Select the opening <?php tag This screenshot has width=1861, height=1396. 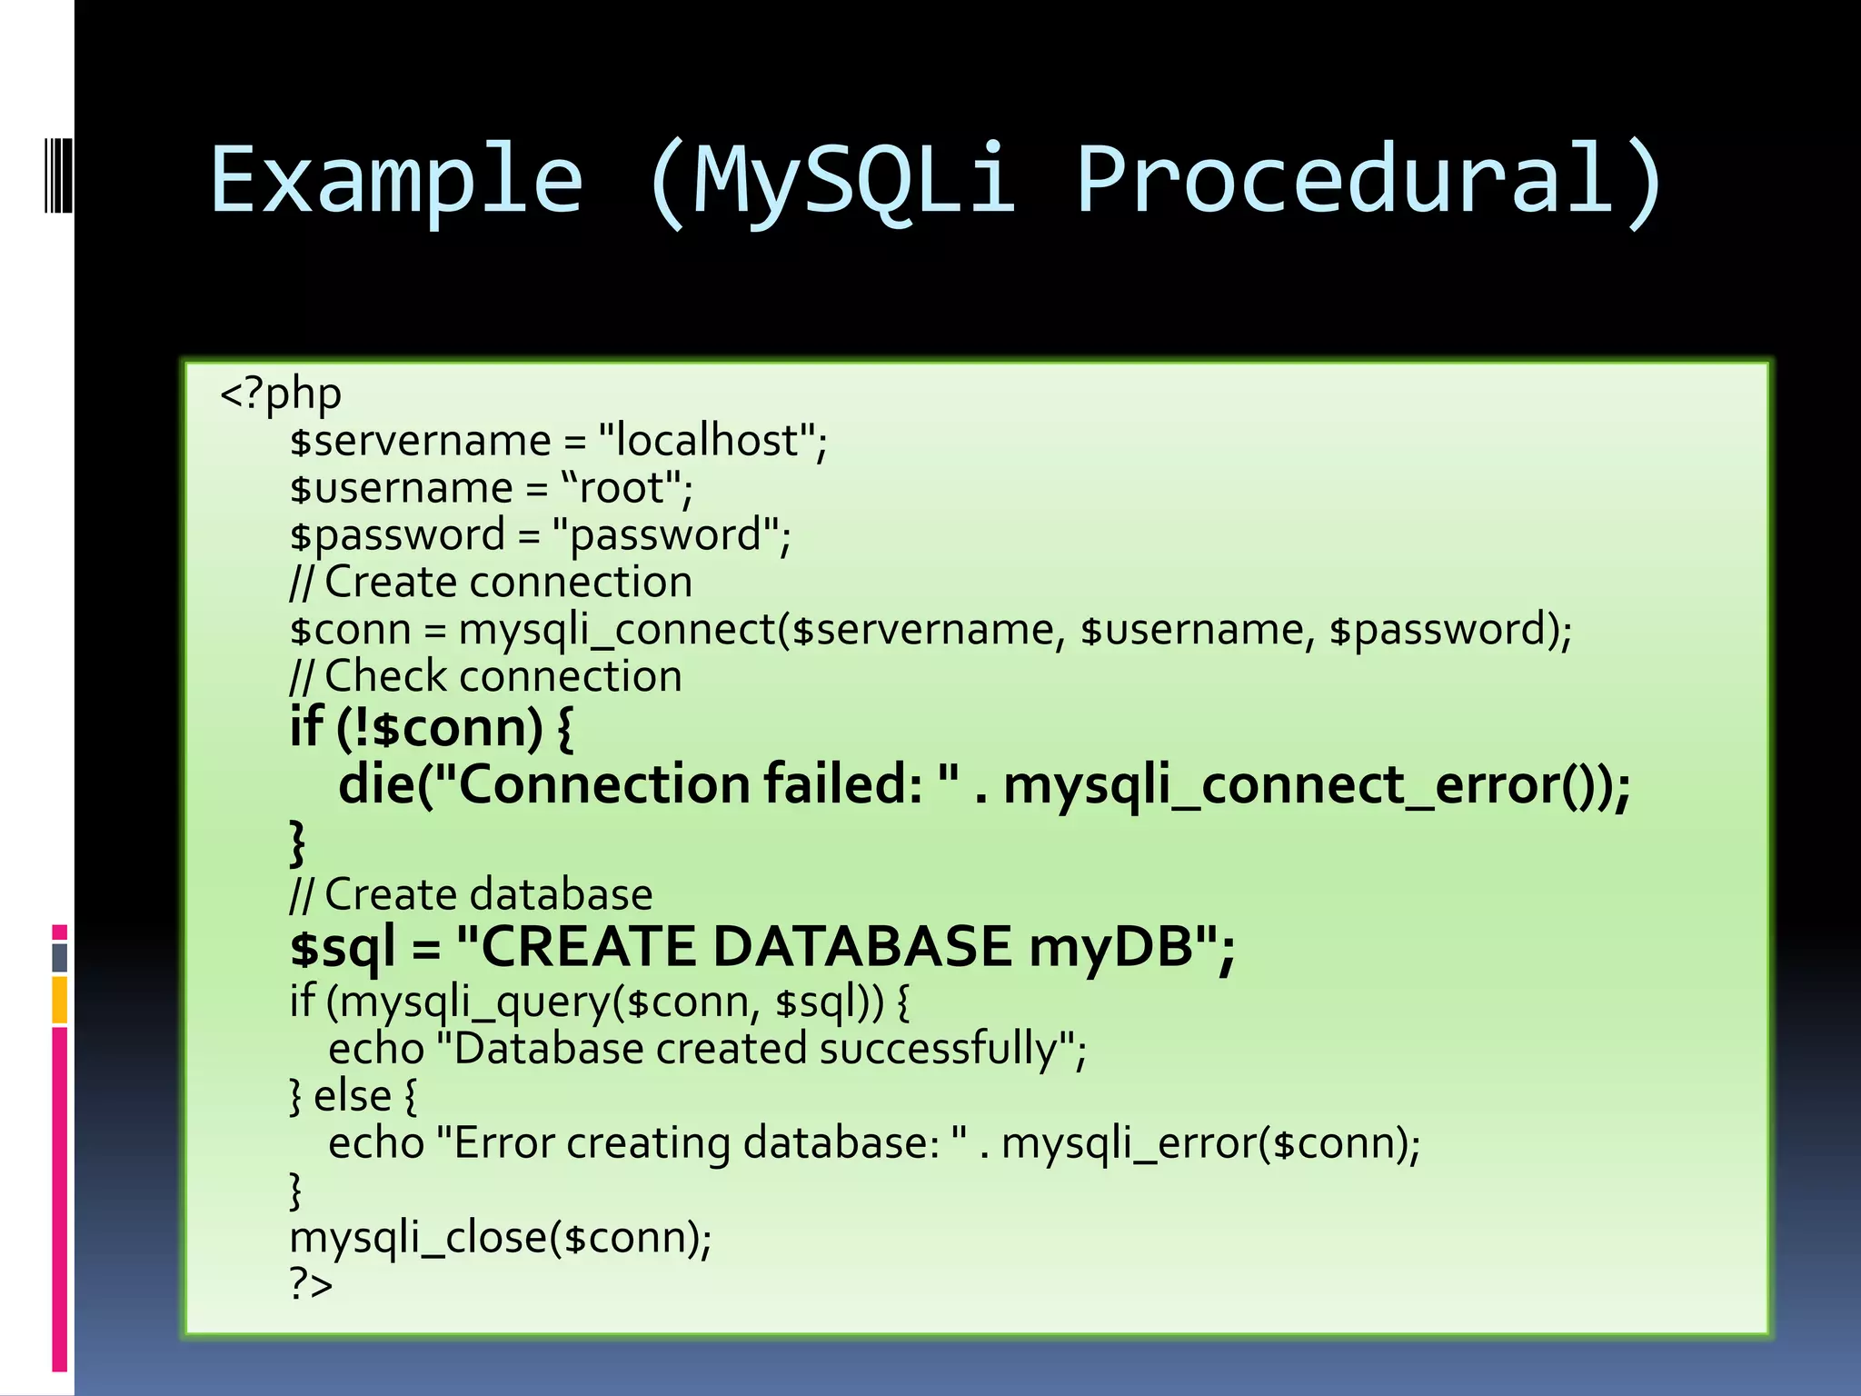[281, 394]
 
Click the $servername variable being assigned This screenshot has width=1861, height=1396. [420, 442]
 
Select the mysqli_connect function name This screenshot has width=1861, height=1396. [616, 630]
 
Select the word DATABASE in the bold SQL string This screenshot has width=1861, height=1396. [861, 946]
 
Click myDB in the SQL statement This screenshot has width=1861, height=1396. [1110, 946]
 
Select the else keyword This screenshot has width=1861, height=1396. [352, 1096]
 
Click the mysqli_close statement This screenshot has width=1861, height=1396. [500, 1238]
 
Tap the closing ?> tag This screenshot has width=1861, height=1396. [311, 1283]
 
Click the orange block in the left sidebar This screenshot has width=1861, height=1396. [60, 1000]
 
